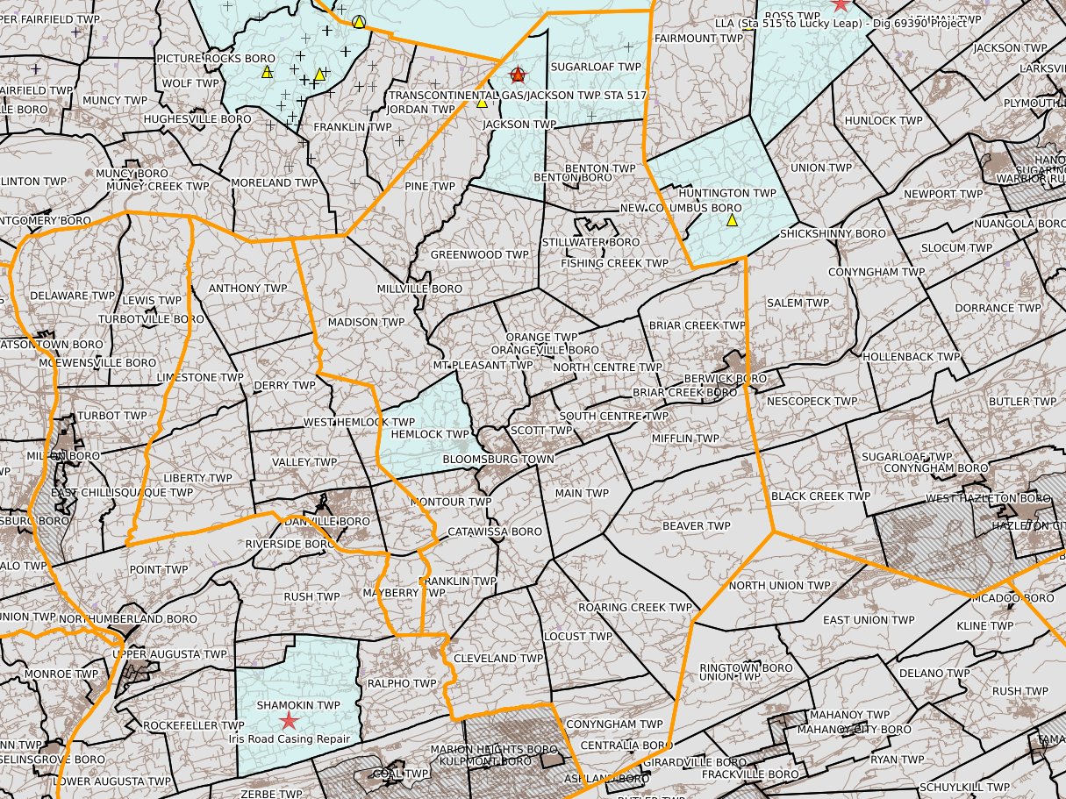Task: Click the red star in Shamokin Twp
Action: pyautogui.click(x=288, y=721)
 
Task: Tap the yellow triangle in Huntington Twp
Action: pyautogui.click(x=732, y=220)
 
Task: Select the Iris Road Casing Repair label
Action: pyautogui.click(x=289, y=739)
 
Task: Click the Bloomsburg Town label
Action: pyautogui.click(x=498, y=460)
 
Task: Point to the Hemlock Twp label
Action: pyautogui.click(x=430, y=434)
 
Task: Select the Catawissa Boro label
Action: pyautogui.click(x=495, y=531)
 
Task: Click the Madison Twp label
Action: pyautogui.click(x=366, y=322)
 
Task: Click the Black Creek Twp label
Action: pyautogui.click(x=821, y=496)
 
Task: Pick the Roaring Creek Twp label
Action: pyautogui.click(x=635, y=607)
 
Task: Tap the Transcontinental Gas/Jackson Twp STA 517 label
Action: pyautogui.click(x=518, y=95)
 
